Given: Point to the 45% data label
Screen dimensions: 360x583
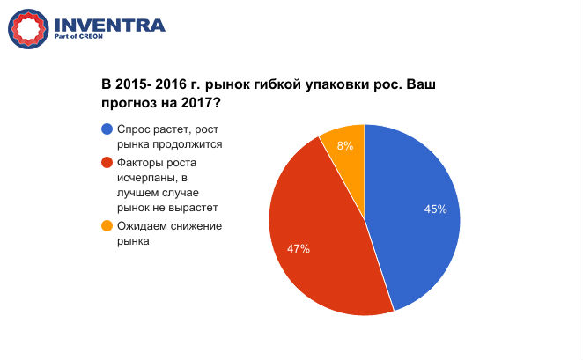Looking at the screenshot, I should click(x=435, y=209).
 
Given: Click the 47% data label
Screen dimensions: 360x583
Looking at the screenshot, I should click(x=299, y=249).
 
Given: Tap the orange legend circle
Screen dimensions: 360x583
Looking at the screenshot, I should click(x=107, y=226).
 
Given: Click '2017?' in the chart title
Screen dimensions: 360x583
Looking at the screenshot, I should click(x=200, y=103).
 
